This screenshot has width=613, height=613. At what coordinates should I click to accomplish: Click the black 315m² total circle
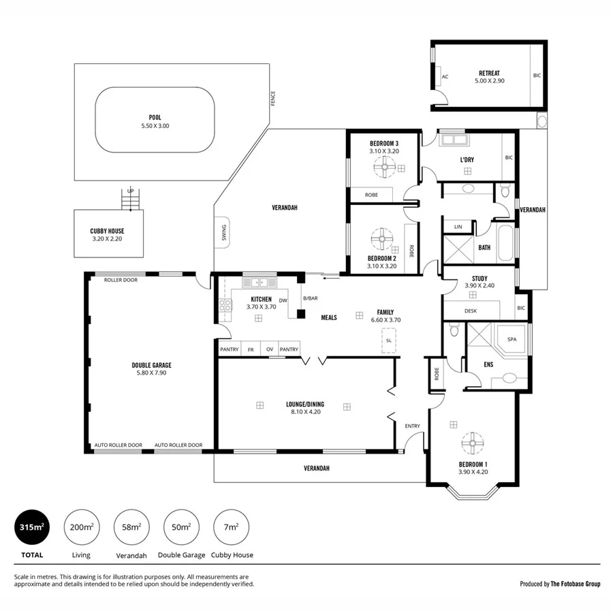pyautogui.click(x=32, y=527)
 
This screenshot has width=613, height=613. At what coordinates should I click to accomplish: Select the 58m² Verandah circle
pyautogui.click(x=131, y=527)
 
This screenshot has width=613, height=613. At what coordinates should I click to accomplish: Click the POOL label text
pyautogui.click(x=155, y=117)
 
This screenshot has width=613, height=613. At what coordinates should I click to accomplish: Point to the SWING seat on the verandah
pyautogui.click(x=223, y=233)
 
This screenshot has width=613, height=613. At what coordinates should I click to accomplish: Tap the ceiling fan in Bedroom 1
pyautogui.click(x=471, y=443)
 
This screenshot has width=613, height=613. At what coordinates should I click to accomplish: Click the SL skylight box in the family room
pyautogui.click(x=388, y=341)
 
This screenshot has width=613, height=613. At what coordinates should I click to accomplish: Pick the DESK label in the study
pyautogui.click(x=471, y=311)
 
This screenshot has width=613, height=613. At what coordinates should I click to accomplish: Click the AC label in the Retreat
pyautogui.click(x=445, y=77)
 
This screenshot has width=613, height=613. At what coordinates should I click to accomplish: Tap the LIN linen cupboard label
pyautogui.click(x=458, y=226)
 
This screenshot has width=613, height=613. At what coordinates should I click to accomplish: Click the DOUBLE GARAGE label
pyautogui.click(x=151, y=365)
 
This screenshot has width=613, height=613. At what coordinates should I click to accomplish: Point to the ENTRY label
pyautogui.click(x=412, y=426)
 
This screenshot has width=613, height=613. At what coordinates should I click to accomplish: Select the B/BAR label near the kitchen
pyautogui.click(x=311, y=298)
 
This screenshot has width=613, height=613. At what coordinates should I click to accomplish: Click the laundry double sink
pyautogui.click(x=453, y=141)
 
